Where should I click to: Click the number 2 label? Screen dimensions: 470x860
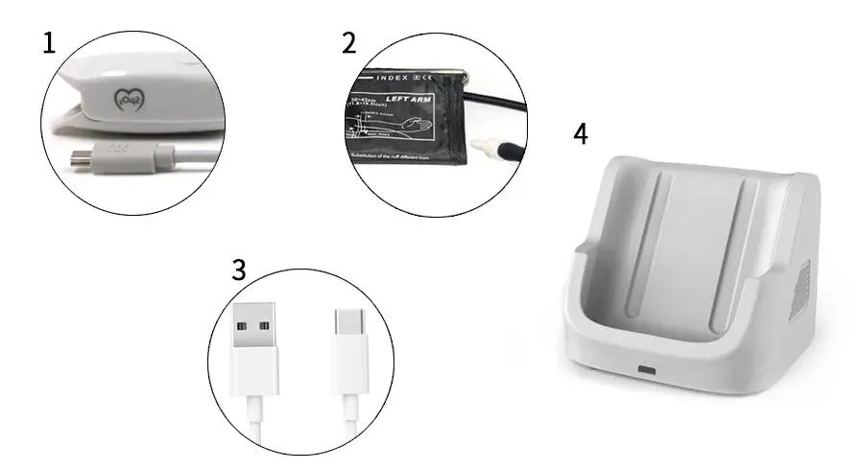pyautogui.click(x=348, y=42)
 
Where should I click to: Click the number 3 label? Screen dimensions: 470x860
pyautogui.click(x=239, y=270)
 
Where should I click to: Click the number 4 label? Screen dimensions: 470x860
pyautogui.click(x=580, y=132)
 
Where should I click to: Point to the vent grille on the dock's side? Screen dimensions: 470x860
pyautogui.click(x=799, y=292)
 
